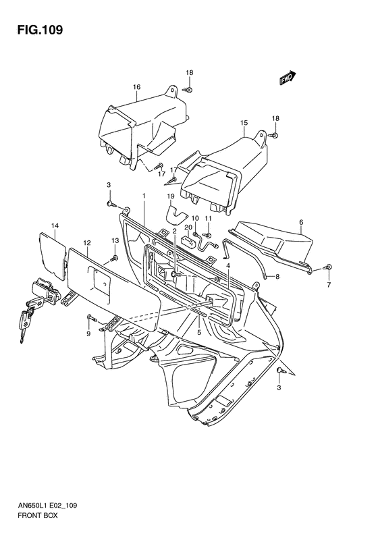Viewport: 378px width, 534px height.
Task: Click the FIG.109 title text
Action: coord(40,30)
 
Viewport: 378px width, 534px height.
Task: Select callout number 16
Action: coord(136,87)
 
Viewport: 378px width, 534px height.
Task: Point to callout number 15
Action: coord(244,123)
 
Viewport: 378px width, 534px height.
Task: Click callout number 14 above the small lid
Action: coord(55,225)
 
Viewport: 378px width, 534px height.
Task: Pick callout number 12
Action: coord(87,243)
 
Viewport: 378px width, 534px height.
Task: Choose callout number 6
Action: coord(301,222)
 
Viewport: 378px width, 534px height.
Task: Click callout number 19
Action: coord(171,196)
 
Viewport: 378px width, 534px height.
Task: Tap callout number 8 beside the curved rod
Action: coord(277,277)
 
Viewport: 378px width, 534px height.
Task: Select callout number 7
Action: coord(329,286)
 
